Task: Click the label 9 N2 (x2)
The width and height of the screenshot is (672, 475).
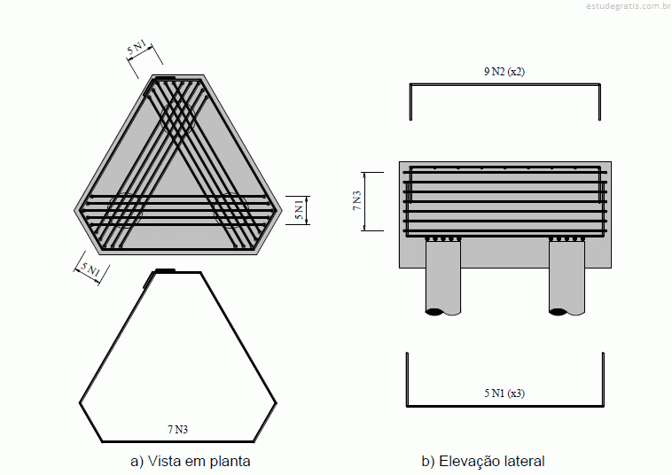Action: click(504, 72)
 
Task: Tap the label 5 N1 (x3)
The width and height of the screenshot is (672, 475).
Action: click(504, 393)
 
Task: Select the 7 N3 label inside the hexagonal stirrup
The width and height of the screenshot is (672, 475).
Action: click(177, 429)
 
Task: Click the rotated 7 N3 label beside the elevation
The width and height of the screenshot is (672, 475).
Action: click(356, 200)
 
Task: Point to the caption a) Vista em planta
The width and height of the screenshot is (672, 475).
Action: click(191, 462)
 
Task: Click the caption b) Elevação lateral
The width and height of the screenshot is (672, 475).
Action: click(483, 462)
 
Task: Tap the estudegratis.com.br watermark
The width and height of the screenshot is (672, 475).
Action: click(628, 6)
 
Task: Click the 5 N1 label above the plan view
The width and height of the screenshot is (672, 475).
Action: click(137, 47)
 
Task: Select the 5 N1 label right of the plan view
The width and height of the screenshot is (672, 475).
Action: click(299, 209)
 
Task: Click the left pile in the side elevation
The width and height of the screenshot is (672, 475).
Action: click(443, 277)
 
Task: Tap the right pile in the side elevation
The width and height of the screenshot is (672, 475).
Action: click(567, 277)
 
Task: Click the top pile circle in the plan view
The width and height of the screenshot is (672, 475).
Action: click(177, 113)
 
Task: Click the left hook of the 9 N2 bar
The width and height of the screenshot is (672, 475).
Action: click(410, 102)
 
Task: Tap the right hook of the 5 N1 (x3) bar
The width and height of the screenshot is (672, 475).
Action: click(603, 379)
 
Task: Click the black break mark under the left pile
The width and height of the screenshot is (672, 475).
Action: click(435, 312)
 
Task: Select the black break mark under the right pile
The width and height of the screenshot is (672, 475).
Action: click(559, 312)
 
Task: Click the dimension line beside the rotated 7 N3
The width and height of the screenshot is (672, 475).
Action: click(364, 201)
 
